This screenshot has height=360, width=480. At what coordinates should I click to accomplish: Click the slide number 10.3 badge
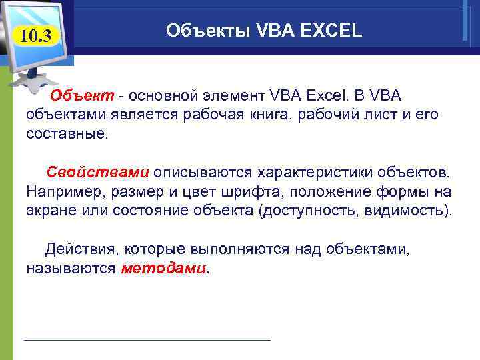[34, 35]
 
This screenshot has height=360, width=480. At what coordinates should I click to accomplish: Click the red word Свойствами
[97, 172]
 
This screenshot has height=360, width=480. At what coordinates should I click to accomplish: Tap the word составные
[66, 133]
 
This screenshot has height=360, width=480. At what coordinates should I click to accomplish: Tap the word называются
[71, 269]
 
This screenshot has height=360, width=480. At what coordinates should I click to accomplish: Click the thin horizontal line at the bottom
[147, 341]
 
